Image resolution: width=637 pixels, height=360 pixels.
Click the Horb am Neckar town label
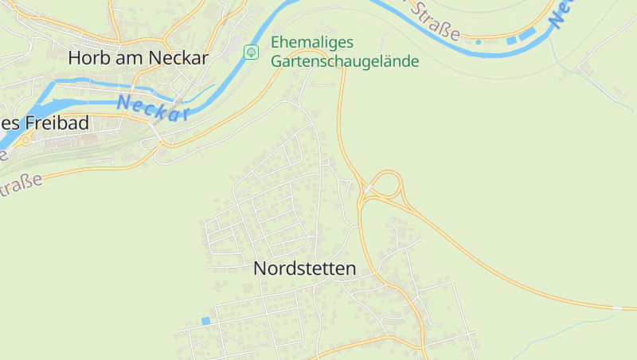[138, 57]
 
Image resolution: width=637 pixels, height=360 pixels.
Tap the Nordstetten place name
[304, 269]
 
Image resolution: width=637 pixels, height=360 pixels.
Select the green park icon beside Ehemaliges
[251, 52]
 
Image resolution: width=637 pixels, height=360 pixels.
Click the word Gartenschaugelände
[345, 61]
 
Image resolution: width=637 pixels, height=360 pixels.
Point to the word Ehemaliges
[313, 42]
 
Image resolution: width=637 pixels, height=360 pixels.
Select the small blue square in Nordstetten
[205, 321]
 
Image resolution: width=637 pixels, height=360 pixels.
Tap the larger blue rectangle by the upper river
[526, 34]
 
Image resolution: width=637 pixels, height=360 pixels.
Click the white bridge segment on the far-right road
[617, 307]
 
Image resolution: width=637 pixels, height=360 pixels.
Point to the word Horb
[85, 57]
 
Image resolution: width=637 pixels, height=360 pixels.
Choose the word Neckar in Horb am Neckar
[183, 57]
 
